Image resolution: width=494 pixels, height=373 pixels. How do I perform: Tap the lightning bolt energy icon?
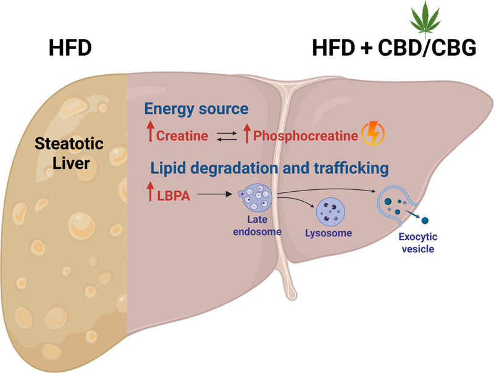click(x=372, y=133)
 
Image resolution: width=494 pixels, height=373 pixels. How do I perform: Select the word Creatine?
click(x=182, y=135)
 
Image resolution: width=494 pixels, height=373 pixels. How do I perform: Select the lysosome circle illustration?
click(x=330, y=212)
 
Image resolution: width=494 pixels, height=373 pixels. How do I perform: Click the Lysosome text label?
click(x=329, y=234)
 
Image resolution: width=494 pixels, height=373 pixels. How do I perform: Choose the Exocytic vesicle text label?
click(x=416, y=243)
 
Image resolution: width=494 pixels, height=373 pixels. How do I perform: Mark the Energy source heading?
click(x=196, y=109)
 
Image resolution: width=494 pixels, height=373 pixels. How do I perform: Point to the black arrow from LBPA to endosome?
click(x=216, y=195)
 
